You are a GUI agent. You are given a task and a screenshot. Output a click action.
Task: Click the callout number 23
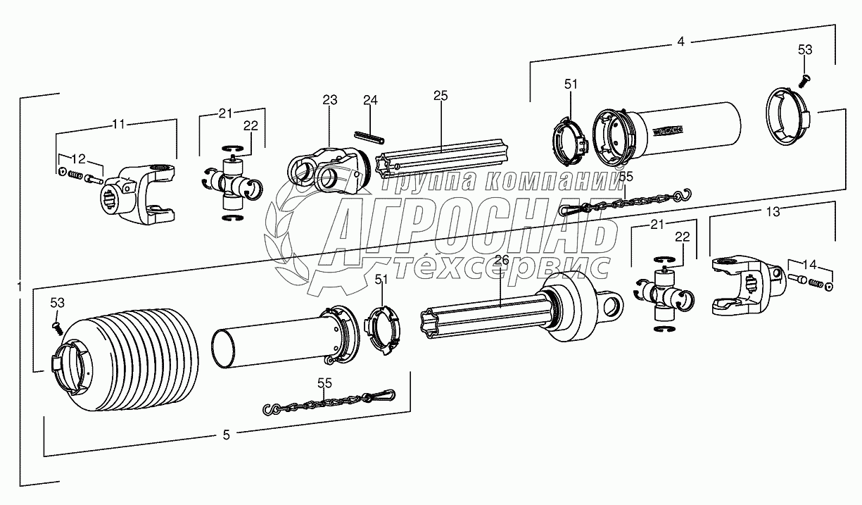pos(330,100)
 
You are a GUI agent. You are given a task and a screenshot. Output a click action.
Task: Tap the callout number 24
pos(370,100)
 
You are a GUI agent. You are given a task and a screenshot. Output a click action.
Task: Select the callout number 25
pos(440,96)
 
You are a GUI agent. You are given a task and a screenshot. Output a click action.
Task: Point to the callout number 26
pos(501,260)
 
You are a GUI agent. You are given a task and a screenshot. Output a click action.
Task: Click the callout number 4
pos(680,42)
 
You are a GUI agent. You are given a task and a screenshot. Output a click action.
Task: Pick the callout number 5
pos(226,435)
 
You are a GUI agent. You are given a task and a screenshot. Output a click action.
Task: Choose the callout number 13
pos(773,211)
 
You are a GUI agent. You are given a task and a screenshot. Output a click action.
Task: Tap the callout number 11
pos(118,125)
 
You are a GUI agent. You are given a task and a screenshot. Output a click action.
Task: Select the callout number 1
pos(18,287)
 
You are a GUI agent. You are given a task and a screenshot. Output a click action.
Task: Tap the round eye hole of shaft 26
pos(612,305)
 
